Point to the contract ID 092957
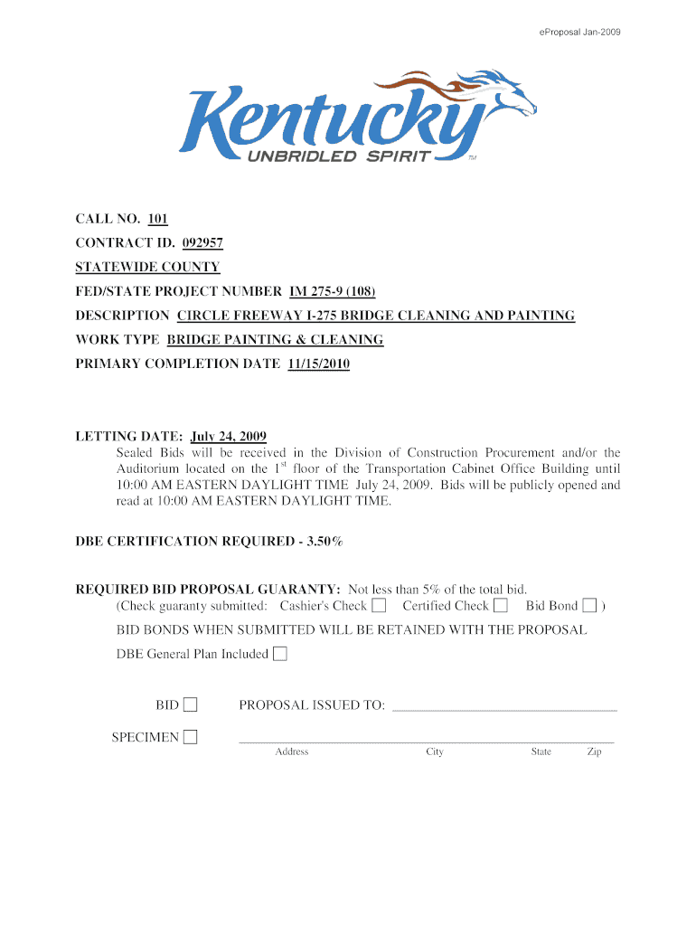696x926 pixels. click(x=202, y=243)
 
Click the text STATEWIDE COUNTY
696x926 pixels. click(x=147, y=267)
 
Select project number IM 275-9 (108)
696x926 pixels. click(x=332, y=291)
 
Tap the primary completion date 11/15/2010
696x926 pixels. click(x=318, y=364)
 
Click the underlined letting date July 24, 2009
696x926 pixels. click(x=228, y=437)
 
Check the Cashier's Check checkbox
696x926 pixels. click(x=379, y=605)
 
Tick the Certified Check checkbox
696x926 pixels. click(x=501, y=605)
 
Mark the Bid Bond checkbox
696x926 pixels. click(x=589, y=605)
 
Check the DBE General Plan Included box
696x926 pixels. click(x=280, y=654)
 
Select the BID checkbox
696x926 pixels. click(x=191, y=704)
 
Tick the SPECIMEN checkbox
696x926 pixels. click(x=190, y=737)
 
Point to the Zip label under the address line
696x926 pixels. click(x=594, y=752)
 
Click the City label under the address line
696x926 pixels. click(x=435, y=752)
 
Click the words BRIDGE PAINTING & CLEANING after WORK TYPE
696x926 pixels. click(x=275, y=340)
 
